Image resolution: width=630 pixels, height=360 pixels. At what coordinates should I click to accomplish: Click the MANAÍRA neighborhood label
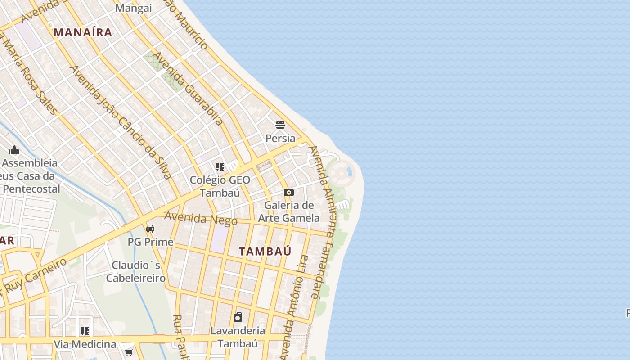point(83,32)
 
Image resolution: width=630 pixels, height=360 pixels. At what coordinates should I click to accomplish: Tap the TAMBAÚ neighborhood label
point(265,251)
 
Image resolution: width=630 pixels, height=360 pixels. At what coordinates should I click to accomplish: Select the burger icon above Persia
point(280,125)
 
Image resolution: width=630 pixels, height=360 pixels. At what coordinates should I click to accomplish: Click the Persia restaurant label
point(280,138)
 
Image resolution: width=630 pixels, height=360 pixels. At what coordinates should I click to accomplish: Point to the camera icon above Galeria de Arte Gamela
point(289,193)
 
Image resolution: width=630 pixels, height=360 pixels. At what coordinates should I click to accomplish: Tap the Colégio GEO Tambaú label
point(220,186)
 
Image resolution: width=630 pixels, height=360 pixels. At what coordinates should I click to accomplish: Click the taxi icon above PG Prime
point(150,229)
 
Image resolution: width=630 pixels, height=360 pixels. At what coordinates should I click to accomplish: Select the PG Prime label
point(150,242)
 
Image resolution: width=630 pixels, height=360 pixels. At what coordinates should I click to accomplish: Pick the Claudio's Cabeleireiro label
point(136,271)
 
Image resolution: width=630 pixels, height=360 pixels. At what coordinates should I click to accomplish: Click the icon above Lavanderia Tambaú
point(238,317)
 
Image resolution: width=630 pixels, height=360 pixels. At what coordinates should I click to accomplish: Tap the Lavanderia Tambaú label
point(238,337)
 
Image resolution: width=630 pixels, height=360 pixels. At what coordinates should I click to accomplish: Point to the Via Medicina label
point(85,344)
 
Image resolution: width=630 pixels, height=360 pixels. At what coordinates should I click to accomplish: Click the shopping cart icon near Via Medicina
point(129,351)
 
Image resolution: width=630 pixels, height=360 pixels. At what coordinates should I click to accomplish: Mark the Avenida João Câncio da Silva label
point(121,121)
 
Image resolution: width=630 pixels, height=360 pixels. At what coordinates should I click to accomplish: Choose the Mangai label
point(134,8)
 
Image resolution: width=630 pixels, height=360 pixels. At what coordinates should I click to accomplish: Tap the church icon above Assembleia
point(14,150)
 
